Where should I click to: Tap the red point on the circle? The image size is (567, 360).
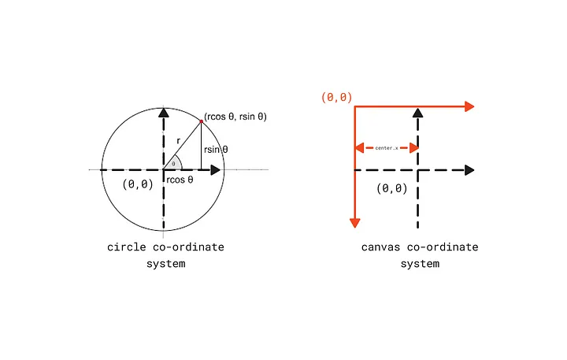tap(202, 121)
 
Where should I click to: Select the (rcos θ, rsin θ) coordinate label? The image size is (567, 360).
tap(235, 117)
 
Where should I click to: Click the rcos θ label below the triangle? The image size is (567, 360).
tap(180, 180)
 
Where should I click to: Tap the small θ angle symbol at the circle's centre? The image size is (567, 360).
tap(173, 164)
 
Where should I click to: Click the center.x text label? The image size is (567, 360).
tap(386, 147)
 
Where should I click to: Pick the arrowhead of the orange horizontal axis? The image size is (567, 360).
tap(470, 107)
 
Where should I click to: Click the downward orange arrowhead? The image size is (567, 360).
tap(355, 221)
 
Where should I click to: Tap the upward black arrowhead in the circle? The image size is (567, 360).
tap(163, 112)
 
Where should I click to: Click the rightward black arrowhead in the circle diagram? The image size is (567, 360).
tap(214, 169)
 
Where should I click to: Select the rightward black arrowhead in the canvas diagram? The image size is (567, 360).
tap(469, 169)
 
